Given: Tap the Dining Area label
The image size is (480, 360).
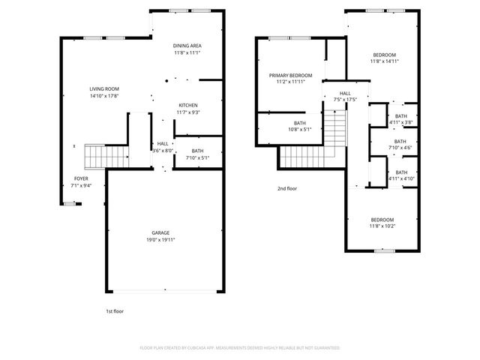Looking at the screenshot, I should (x=187, y=46).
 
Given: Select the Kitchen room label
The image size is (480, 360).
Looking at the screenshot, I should (x=187, y=105).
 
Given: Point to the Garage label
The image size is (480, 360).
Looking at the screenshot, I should (x=156, y=235).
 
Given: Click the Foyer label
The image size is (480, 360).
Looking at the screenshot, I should (x=79, y=178).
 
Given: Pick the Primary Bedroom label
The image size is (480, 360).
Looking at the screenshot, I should (x=290, y=75).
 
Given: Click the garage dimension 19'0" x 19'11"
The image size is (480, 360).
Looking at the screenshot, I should (x=156, y=241).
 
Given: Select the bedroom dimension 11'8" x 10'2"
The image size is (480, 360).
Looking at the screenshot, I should (x=382, y=225).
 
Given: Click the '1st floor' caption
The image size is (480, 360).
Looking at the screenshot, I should (x=113, y=310).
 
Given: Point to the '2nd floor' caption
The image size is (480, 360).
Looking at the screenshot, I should (x=286, y=188).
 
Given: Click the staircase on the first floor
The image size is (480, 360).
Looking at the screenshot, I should (x=98, y=156).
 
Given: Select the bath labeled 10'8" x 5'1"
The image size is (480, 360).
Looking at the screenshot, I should (x=299, y=129).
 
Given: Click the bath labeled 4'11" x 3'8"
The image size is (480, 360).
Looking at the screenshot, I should (x=400, y=122).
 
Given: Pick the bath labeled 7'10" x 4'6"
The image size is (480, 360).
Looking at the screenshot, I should (x=400, y=148).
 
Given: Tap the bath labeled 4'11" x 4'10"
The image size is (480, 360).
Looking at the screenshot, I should (x=400, y=178).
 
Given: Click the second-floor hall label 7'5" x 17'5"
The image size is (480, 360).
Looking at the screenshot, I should (x=345, y=99).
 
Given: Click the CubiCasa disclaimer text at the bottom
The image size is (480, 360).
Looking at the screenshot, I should (x=240, y=348).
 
